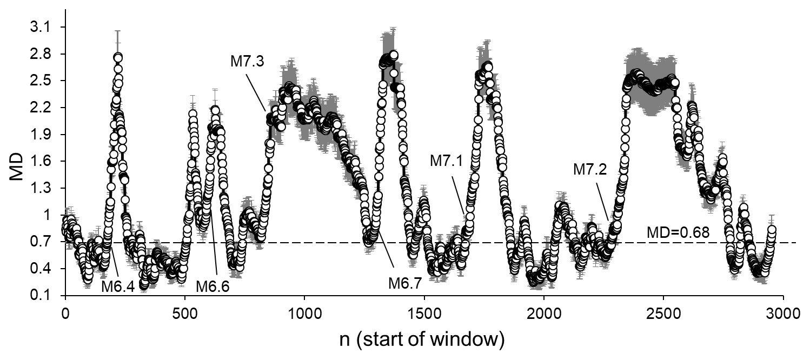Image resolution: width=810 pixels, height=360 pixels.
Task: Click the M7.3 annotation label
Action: (x=247, y=62)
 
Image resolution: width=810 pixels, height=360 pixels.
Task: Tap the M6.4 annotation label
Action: (x=117, y=285)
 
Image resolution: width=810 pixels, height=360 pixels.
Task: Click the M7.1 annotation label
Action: (x=446, y=161)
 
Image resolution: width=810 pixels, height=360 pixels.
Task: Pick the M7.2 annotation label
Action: (x=589, y=170)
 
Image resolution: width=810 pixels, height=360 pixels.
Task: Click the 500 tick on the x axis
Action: (x=185, y=313)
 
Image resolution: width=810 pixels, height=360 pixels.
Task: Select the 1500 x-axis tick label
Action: (x=424, y=313)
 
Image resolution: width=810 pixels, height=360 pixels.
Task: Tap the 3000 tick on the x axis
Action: (x=782, y=313)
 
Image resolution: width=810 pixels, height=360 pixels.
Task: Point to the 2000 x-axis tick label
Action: (x=543, y=313)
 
